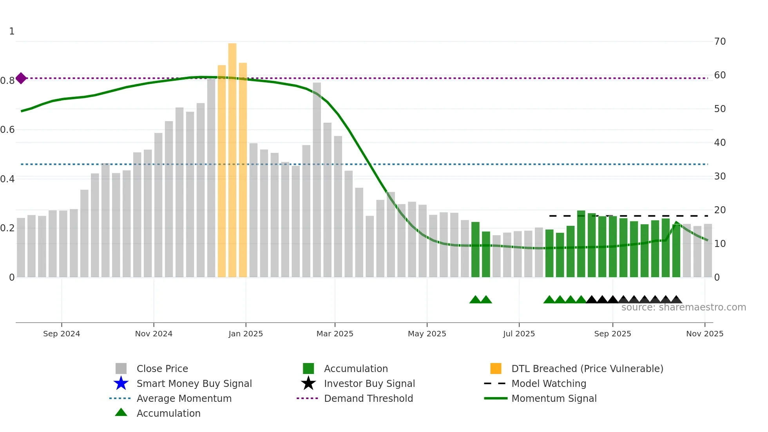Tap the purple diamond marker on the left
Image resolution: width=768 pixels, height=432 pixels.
point(21,78)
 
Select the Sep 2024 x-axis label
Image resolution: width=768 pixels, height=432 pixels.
point(62,334)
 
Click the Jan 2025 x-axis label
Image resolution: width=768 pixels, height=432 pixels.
point(246,334)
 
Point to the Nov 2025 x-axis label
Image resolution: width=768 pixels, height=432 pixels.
point(705,334)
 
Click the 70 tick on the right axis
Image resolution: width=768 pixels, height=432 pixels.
point(720,42)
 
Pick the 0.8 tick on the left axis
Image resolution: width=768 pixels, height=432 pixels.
point(7,81)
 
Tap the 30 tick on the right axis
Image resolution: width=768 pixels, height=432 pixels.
point(720,176)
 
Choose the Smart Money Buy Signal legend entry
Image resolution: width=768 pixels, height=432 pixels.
point(194,384)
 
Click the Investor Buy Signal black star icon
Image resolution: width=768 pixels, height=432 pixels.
point(308,383)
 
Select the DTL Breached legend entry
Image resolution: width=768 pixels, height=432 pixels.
point(587,369)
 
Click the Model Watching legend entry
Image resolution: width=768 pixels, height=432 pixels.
point(549,384)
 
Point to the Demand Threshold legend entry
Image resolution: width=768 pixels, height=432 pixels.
point(368,399)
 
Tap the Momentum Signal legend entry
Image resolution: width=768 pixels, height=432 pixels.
point(554,399)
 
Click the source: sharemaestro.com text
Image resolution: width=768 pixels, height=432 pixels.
point(683,307)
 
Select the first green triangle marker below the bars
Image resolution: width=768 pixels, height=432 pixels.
point(475,300)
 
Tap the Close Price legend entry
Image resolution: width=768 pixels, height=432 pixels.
point(162,369)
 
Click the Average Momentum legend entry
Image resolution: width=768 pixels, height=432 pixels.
point(184,399)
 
